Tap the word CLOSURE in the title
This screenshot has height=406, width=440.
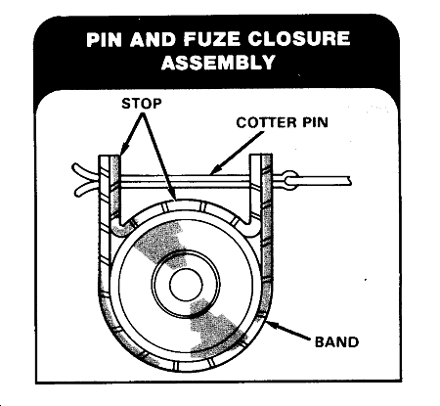click(x=299, y=39)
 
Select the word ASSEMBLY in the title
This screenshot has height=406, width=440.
click(x=219, y=62)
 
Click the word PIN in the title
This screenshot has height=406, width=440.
click(x=105, y=39)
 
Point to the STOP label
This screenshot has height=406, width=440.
click(x=142, y=104)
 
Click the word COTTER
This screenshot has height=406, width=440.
click(x=264, y=122)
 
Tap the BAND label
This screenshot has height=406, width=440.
click(x=336, y=341)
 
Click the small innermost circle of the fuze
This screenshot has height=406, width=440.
click(x=186, y=285)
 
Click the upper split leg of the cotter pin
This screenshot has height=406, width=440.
click(x=85, y=170)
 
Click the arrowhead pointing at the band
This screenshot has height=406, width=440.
click(x=273, y=325)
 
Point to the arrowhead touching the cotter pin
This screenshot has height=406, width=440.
click(x=215, y=169)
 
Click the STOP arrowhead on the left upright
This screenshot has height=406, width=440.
click(x=123, y=151)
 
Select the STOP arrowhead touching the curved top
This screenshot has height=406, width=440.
click(x=172, y=195)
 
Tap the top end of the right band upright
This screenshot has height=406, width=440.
click(x=261, y=156)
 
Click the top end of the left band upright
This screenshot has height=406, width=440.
click(x=110, y=156)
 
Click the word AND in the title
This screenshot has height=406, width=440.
click(x=154, y=39)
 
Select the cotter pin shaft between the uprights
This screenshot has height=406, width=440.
click(x=185, y=181)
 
